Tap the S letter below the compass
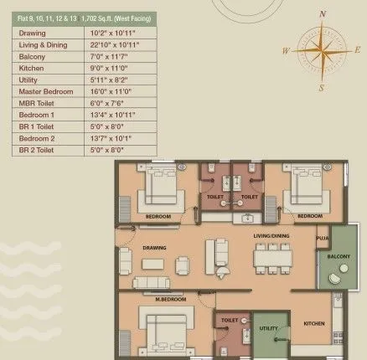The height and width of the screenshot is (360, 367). (320, 86)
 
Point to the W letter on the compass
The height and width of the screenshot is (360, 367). (287, 51)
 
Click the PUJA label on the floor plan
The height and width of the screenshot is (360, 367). (322, 238)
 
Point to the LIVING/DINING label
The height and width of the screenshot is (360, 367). (273, 236)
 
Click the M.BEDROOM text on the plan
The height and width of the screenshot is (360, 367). (170, 298)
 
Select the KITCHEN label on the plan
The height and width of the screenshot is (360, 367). (314, 322)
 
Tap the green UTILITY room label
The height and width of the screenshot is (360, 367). (268, 328)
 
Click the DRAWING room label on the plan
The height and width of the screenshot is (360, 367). (155, 248)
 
